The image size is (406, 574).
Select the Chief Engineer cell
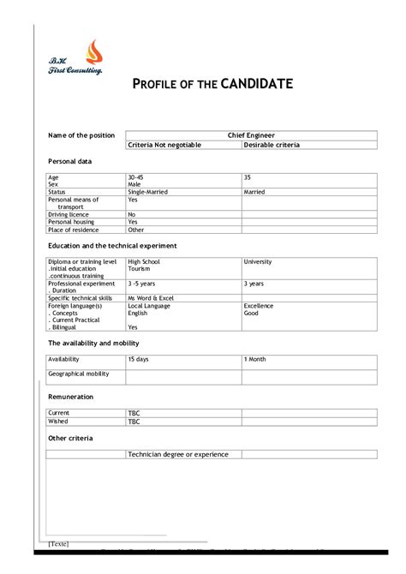251,135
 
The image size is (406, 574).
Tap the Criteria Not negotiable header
164,145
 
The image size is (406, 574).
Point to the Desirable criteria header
272,145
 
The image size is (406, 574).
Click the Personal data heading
69,161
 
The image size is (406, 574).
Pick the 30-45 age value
135,176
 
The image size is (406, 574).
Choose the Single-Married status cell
148,192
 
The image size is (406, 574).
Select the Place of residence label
74,230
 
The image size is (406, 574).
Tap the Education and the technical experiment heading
112,245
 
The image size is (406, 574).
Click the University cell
257,261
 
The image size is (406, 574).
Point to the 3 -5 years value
141,283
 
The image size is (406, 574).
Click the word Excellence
259,306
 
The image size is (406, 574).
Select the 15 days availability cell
138,359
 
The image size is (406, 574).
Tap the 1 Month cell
255,359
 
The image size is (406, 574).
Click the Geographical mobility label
79,374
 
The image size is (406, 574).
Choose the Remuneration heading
71,397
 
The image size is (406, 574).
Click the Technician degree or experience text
178,454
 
